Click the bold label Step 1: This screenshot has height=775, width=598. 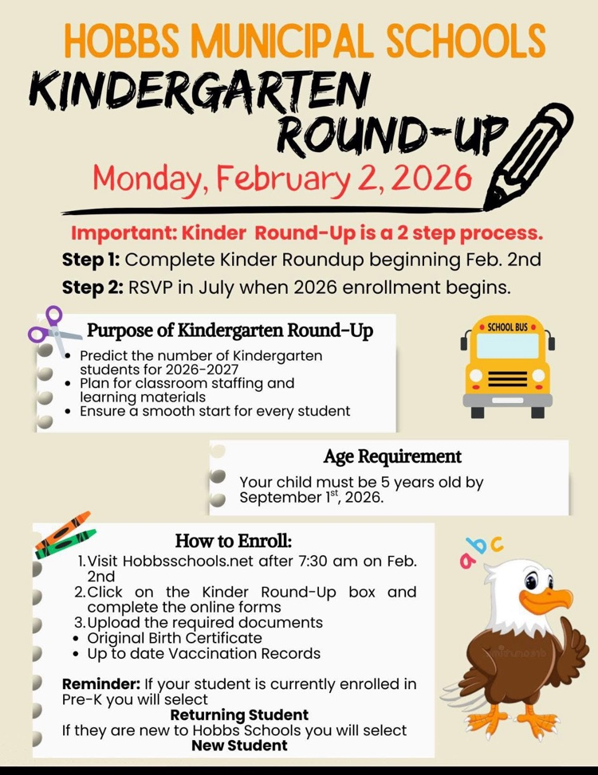pos(91,260)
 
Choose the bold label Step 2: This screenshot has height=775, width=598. pos(92,287)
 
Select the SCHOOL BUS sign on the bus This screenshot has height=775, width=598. pos(507,327)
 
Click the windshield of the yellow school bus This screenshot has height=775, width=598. pos(507,346)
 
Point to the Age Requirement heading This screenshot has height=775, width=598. pos(392,456)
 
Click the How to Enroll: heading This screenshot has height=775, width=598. pos(234,541)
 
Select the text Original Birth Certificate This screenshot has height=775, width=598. pos(175,638)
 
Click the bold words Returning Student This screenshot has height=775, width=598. pos(239,714)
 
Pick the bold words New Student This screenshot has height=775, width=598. pos(239,746)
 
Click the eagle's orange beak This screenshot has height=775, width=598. pos(553,599)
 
